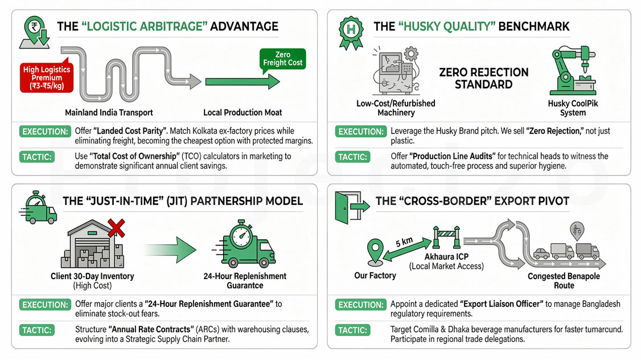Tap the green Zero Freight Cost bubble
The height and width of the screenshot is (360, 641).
click(283, 59)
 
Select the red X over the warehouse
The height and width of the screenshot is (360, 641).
click(116, 229)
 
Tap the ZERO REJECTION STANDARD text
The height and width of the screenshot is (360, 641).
click(483, 79)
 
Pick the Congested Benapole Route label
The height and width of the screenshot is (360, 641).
click(564, 281)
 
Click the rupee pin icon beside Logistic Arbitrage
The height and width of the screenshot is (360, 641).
click(35, 30)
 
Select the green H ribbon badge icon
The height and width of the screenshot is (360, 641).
click(351, 28)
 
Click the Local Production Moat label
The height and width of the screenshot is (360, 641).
click(241, 112)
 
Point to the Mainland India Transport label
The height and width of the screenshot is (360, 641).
click(109, 112)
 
